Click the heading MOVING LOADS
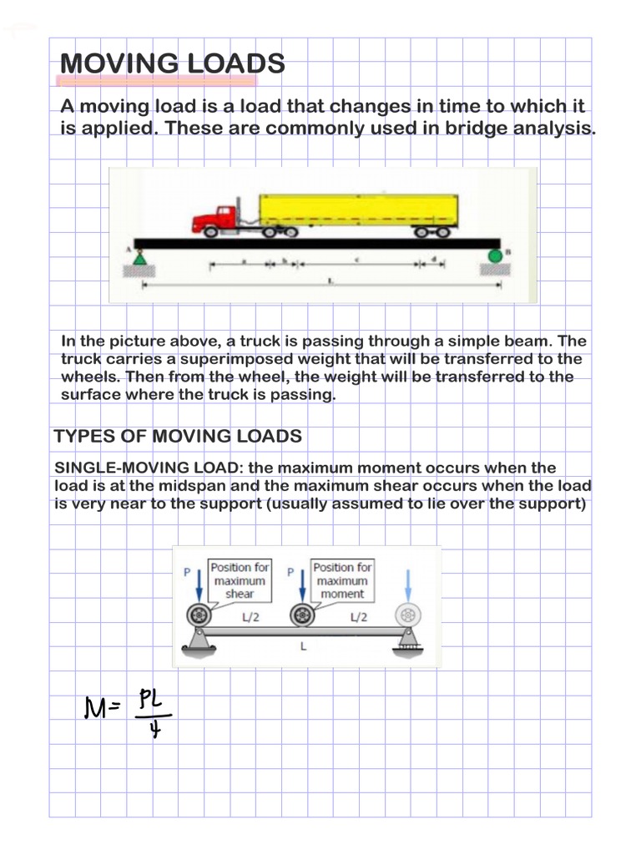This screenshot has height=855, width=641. coord(173,63)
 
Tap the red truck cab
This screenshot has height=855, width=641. coord(215,220)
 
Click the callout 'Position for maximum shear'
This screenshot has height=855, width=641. coord(240,580)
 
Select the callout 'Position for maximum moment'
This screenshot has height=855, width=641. coord(342,580)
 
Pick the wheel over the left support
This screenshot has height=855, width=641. coord(199,616)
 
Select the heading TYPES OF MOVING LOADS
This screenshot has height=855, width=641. coord(178,436)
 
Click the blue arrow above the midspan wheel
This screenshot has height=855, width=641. coord(301,584)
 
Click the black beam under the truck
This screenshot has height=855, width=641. coord(317,244)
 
